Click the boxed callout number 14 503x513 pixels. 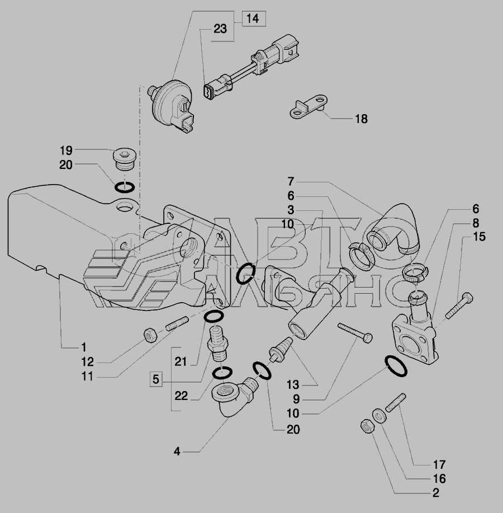[253, 19]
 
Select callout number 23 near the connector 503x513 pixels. [220, 30]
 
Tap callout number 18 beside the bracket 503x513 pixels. [361, 119]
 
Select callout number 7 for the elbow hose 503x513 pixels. [291, 181]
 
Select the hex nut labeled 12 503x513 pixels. [150, 335]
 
